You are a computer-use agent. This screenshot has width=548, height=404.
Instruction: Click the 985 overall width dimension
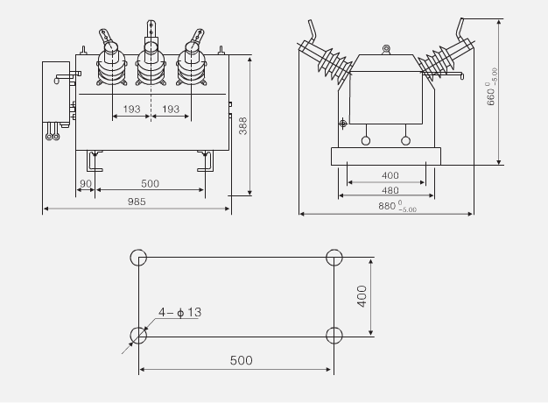137,202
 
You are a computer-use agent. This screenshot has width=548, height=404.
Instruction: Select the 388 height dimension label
243,127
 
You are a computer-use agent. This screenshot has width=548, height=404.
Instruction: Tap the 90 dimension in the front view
85,183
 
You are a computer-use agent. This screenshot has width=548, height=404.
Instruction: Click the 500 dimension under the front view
150,183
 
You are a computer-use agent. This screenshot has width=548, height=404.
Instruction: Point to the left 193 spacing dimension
131,110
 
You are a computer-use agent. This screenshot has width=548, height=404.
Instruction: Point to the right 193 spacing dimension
172,110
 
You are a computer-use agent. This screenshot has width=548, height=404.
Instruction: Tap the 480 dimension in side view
390,189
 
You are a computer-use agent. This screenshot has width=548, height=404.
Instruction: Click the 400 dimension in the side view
390,175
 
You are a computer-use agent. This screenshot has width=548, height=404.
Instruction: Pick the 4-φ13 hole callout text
180,312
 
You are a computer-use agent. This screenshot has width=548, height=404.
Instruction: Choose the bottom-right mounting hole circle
333,335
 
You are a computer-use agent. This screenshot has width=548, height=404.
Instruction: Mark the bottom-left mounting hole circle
138,335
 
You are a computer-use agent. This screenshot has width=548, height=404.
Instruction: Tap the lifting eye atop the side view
385,50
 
